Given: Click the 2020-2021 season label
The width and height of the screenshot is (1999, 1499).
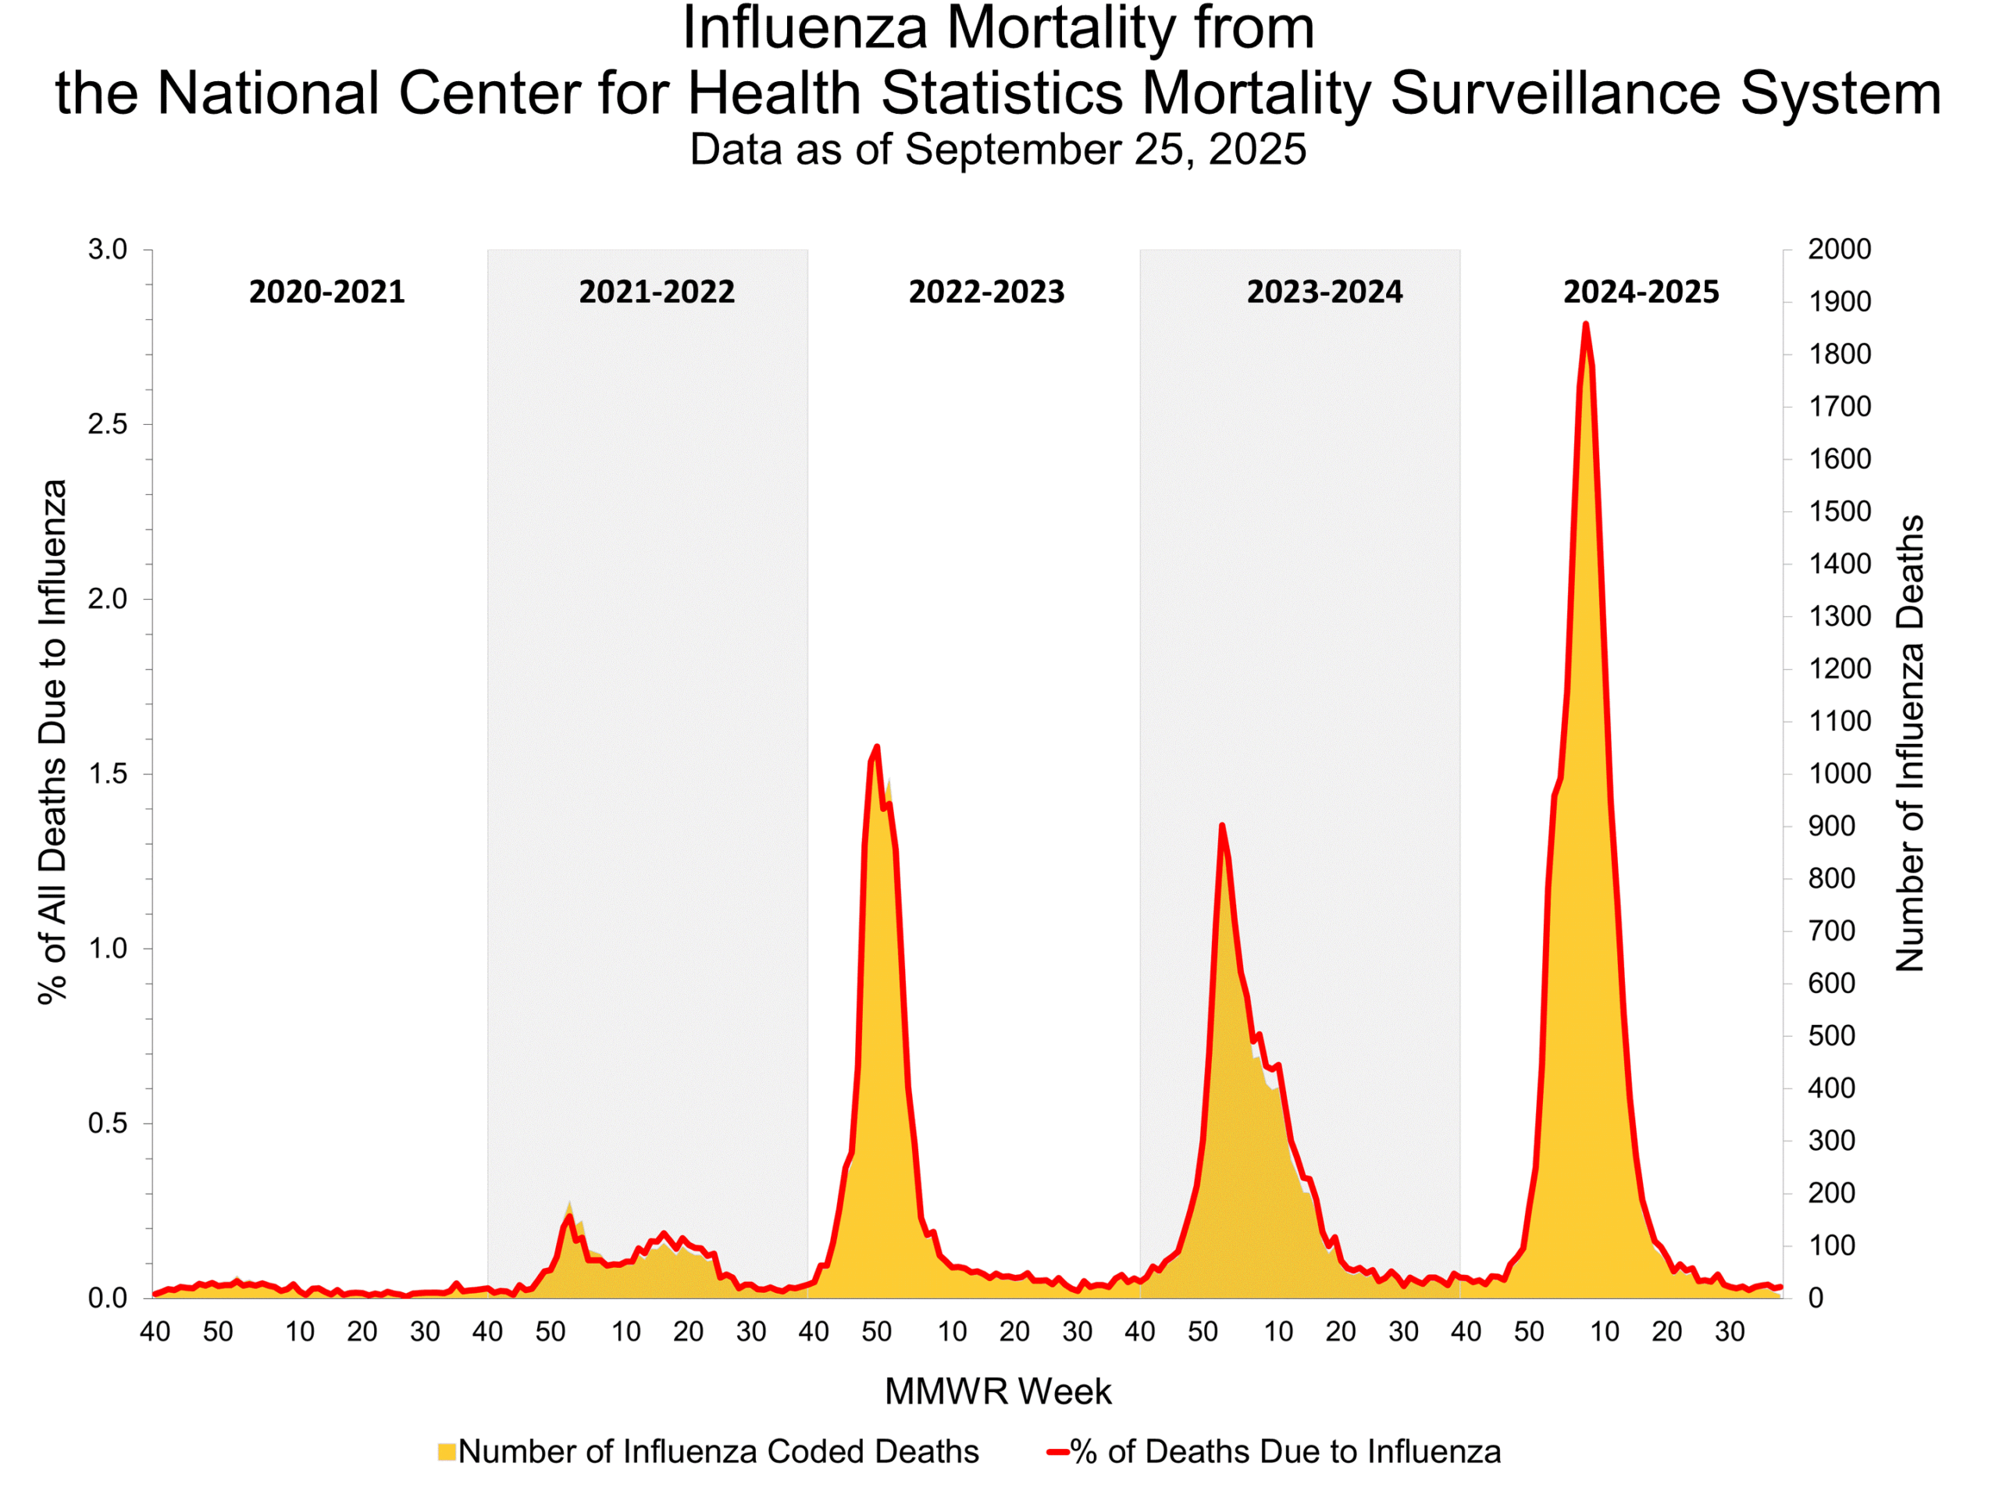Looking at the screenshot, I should pos(326,292).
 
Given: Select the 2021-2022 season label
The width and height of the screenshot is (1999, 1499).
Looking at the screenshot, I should pos(656,292).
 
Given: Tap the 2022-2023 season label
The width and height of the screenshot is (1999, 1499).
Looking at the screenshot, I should pos(986,292).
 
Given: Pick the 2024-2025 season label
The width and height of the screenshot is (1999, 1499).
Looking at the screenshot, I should pos(1641,292).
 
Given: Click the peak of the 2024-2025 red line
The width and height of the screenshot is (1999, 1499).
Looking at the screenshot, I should pos(1585,323).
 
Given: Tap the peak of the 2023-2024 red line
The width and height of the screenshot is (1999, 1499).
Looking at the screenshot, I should pos(1222,825).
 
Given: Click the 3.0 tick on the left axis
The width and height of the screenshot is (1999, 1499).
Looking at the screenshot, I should pos(108,249).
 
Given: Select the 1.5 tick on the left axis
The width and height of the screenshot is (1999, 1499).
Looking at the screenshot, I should pos(108,774).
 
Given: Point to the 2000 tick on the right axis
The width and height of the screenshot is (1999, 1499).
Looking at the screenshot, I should pos(1839,249).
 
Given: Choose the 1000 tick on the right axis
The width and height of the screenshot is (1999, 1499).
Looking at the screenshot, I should pos(1839,774).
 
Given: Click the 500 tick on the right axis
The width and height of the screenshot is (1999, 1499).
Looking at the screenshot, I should pos(1831,1035).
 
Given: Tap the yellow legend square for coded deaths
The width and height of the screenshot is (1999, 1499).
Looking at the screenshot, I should pos(447,1452).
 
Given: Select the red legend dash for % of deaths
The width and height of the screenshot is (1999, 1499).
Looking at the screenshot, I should pos(1058,1452).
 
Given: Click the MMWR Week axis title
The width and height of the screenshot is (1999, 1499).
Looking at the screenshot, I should pos(998,1391).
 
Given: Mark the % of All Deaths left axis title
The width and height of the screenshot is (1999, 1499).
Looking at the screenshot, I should pos(53,741).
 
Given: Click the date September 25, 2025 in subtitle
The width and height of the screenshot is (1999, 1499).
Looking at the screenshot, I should pos(1104,149).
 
